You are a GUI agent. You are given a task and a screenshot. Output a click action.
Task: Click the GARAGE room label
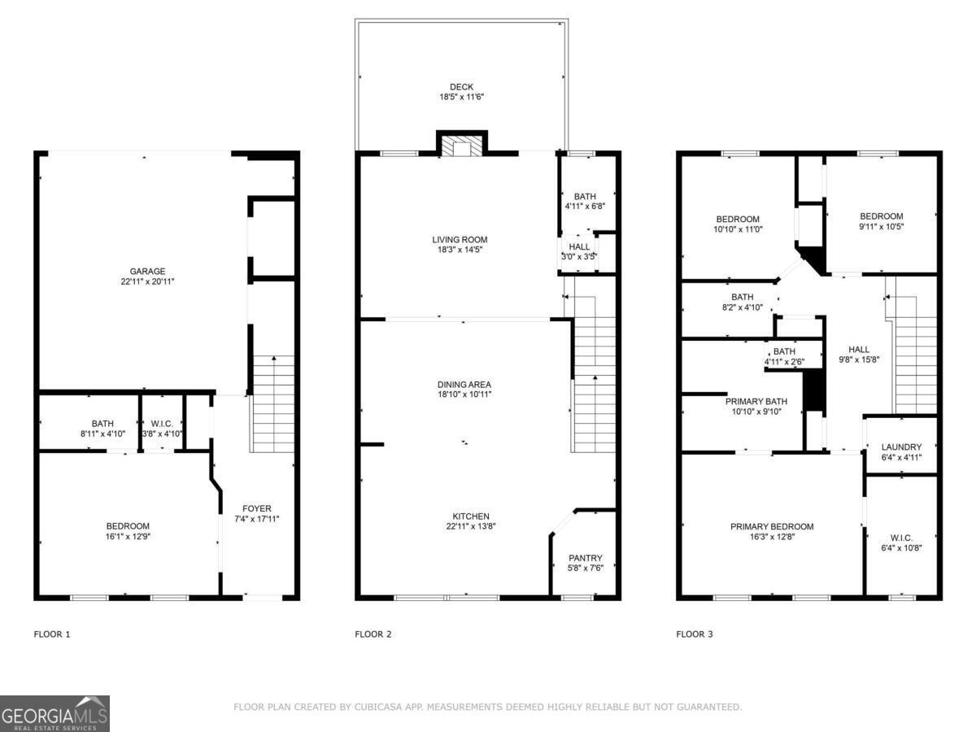tap(147, 271)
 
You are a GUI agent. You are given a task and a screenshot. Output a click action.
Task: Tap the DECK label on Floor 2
tap(461, 87)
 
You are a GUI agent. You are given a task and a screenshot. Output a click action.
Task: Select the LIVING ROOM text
tap(460, 240)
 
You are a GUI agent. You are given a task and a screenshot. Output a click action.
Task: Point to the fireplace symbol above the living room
tap(461, 144)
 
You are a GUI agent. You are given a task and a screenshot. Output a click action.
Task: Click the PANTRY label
tap(585, 558)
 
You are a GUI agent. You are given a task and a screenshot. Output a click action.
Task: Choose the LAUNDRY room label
tap(901, 447)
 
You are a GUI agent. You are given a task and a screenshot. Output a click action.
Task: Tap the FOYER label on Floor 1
tap(256, 508)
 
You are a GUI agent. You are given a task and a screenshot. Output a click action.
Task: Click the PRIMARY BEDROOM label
tap(772, 527)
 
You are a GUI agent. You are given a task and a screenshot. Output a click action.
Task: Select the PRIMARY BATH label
tap(756, 401)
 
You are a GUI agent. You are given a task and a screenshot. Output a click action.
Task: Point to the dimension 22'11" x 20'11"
tap(147, 281)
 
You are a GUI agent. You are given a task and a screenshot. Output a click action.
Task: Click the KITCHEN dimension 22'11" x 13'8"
tap(471, 526)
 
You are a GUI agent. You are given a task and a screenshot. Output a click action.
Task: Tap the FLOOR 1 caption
tap(52, 634)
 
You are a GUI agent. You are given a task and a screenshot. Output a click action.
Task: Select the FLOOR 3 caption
tap(694, 634)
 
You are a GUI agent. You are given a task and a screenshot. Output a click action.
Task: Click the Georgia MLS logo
tap(54, 713)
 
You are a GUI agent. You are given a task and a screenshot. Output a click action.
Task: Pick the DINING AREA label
tap(464, 385)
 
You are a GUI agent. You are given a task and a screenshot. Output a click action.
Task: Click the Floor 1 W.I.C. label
tap(162, 424)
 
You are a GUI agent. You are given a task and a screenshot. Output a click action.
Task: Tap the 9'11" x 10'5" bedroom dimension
tap(882, 227)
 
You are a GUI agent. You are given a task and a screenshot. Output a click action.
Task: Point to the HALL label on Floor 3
tap(859, 350)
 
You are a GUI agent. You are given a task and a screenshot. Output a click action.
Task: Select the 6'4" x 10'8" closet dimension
tap(901, 548)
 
